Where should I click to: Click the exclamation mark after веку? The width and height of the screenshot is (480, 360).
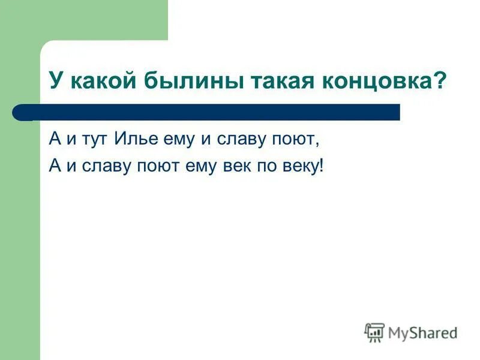pyautogui.click(x=321, y=165)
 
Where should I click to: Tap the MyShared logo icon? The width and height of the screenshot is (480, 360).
pyautogui.click(x=374, y=332)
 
